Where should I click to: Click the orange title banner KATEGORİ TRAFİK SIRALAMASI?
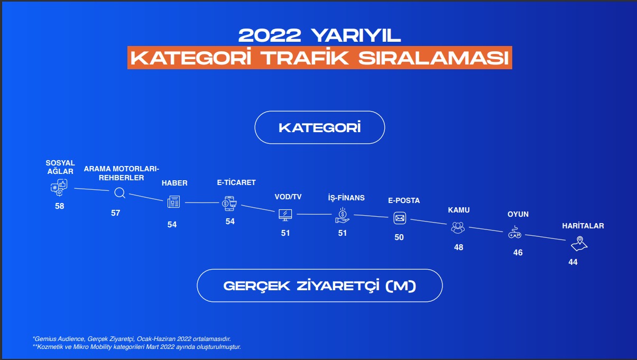tap(320, 58)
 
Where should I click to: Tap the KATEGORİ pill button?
tap(320, 127)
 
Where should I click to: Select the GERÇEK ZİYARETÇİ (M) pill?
tap(320, 285)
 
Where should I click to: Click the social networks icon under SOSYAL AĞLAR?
tap(59, 187)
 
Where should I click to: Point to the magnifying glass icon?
tap(119, 193)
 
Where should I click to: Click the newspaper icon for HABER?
tap(173, 201)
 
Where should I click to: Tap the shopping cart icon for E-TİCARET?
tap(229, 204)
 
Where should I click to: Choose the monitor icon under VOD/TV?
tap(285, 215)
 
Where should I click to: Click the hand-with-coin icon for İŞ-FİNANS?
tap(343, 215)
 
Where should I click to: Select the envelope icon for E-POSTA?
tap(400, 218)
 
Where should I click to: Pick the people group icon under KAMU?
tap(458, 228)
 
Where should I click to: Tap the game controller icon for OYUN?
tap(515, 232)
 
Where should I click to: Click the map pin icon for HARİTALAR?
tap(579, 244)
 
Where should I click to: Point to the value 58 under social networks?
tap(59, 206)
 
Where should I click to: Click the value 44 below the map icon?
tap(573, 262)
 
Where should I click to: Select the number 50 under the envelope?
tap(399, 237)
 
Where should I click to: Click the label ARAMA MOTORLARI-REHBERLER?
tap(122, 173)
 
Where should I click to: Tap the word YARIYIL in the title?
tap(356, 35)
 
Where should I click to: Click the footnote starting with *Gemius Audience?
tap(132, 339)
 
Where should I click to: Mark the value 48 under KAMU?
tap(458, 247)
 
